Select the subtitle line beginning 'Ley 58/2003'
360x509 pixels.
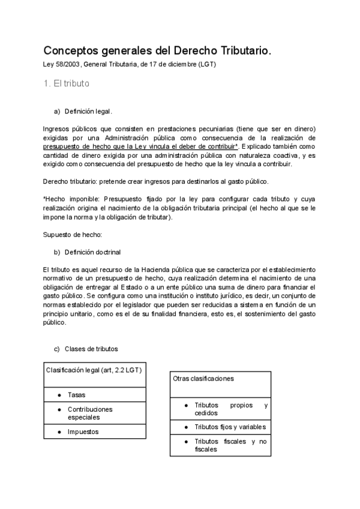tap(130, 65)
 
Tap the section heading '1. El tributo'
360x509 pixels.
tap(67, 83)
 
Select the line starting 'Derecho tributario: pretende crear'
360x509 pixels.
tap(160, 181)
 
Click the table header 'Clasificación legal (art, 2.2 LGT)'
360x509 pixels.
tap(94, 370)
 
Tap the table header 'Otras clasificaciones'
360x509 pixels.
tap(203, 379)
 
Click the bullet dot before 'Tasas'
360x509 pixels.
tap(59, 395)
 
